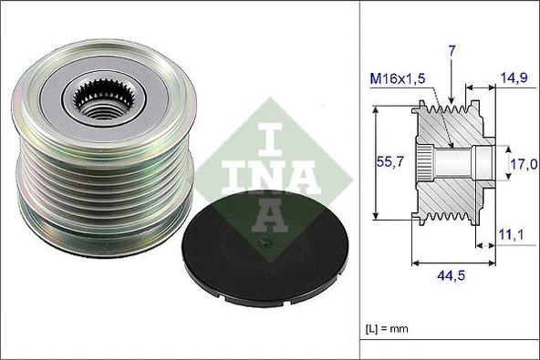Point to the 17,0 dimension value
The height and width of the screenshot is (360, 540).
(522, 164)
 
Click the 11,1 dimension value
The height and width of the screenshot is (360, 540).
(511, 235)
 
